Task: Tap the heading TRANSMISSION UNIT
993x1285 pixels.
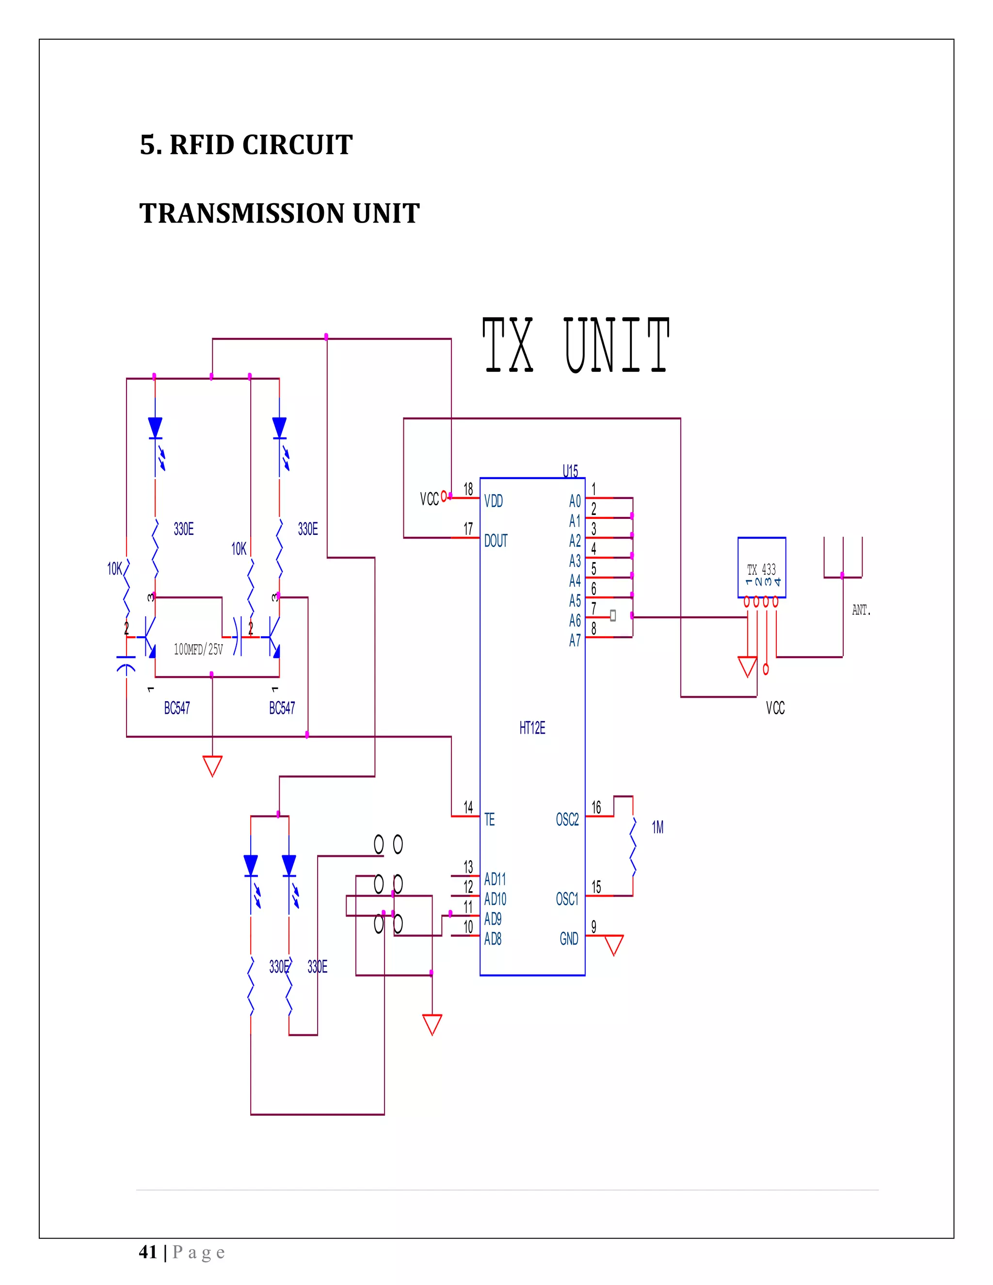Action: pos(279,213)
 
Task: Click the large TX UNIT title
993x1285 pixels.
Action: pos(576,345)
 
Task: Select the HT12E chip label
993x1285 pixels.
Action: pos(532,728)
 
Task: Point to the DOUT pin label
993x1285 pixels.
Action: pos(496,541)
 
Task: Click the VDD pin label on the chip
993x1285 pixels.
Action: pos(493,501)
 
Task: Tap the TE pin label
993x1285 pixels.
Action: pos(489,819)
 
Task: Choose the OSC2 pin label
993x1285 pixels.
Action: pos(567,819)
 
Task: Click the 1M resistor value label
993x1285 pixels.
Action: pos(657,828)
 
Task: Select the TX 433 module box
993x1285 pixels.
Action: pos(761,568)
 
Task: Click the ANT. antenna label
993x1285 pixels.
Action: pos(861,610)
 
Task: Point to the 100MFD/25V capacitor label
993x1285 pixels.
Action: pos(198,650)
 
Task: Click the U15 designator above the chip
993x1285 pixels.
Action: pos(570,471)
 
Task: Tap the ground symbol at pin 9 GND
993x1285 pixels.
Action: pos(613,946)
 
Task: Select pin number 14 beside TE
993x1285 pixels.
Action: pos(468,807)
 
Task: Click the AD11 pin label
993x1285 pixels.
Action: pos(495,879)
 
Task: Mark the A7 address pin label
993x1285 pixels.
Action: pos(575,641)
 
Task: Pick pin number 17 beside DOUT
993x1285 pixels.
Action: pos(468,529)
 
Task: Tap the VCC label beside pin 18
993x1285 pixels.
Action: pos(429,499)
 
